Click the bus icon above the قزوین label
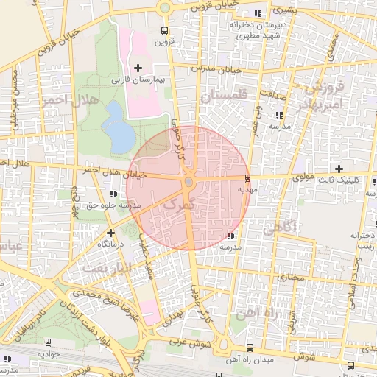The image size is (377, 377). [x=163, y=31]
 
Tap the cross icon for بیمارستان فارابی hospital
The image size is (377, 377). [x=138, y=68]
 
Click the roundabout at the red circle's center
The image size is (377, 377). [x=188, y=181]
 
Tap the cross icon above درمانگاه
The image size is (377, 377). [x=110, y=233]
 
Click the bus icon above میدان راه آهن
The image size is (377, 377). [x=250, y=348]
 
